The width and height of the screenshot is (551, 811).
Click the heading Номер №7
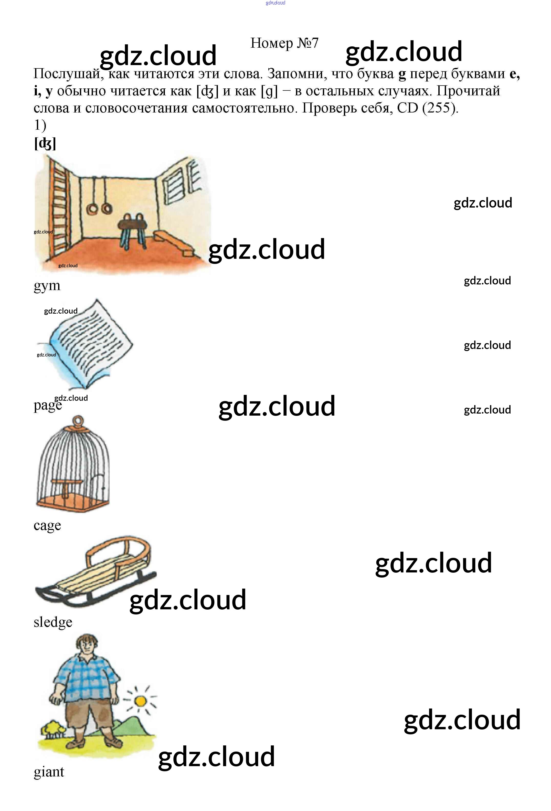tap(284, 43)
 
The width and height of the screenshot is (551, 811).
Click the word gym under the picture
tap(47, 286)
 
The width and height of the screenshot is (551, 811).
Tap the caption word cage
tap(47, 525)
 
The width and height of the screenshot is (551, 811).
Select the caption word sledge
tap(53, 622)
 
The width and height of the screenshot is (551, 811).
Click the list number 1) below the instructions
tap(40, 125)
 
